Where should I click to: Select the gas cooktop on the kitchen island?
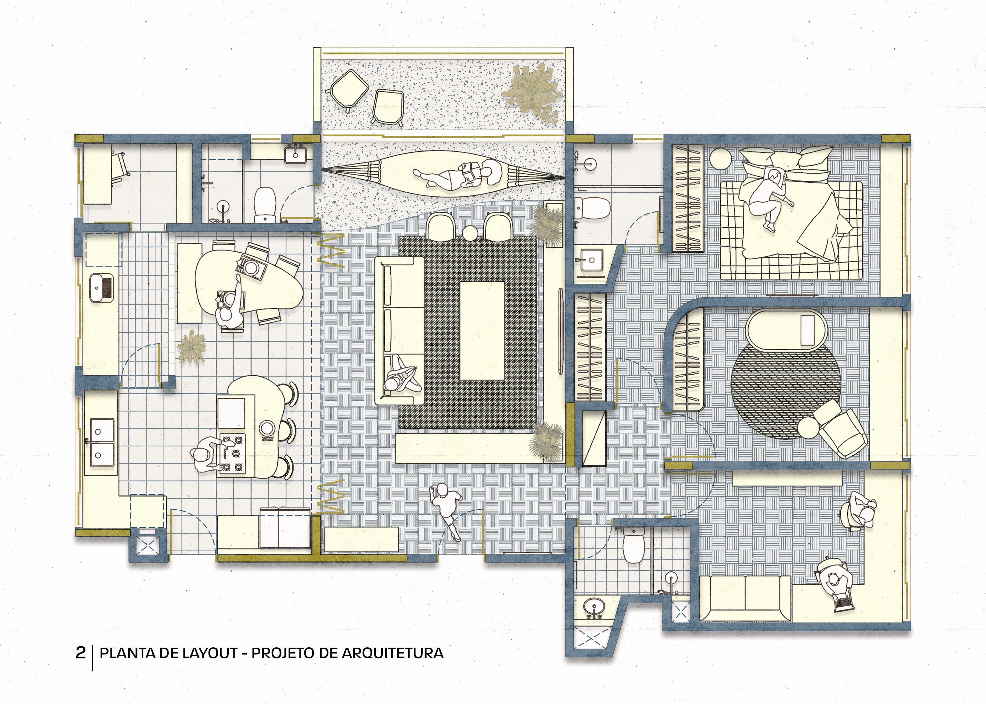[x=232, y=453]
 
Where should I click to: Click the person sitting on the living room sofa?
[x=401, y=375]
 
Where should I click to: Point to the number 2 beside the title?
[x=81, y=653]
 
